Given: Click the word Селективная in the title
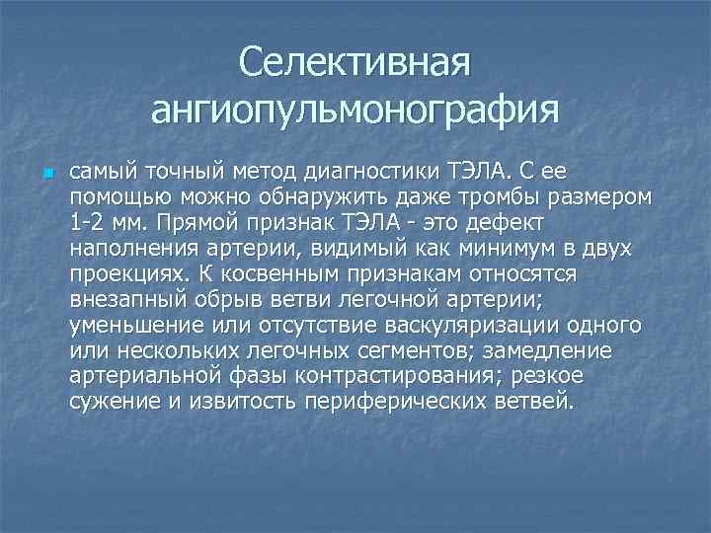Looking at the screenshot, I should point(355,65).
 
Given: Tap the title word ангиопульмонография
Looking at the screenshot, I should point(355,109).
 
